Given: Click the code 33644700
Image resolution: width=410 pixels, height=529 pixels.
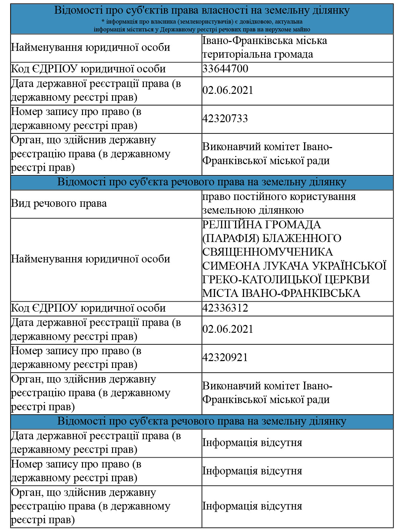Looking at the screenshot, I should [x=225, y=69].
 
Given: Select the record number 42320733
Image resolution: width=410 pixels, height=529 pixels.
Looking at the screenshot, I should [x=225, y=119].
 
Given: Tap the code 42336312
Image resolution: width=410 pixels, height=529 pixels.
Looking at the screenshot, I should [x=225, y=308].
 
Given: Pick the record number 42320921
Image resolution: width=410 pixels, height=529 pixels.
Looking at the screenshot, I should [x=225, y=358].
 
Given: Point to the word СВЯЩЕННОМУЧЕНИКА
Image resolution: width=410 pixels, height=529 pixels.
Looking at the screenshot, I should [x=268, y=252].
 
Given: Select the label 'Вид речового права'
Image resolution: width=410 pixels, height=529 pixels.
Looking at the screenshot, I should [x=59, y=204].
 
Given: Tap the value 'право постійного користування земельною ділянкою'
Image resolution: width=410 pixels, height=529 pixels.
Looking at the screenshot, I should [x=279, y=204].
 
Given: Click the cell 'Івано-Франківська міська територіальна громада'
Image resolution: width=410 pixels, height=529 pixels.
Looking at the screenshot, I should [x=264, y=48].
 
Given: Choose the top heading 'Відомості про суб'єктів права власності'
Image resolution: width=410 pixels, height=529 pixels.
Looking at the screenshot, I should [x=202, y=10].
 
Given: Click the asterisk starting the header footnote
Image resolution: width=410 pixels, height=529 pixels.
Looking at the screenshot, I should [x=103, y=22].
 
